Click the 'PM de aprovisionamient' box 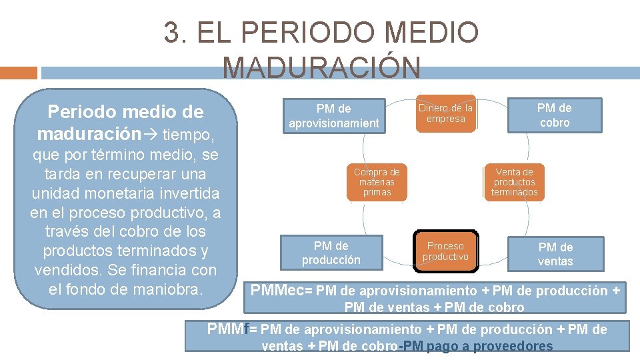click(333, 115)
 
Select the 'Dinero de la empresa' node click(445, 113)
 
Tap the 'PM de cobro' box click(555, 115)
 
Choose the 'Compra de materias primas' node click(377, 182)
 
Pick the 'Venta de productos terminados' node click(514, 182)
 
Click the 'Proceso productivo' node click(445, 252)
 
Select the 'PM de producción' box click(331, 253)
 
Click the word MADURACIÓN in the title click(321, 67)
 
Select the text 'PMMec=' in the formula click(280, 291)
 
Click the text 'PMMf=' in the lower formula click(231, 329)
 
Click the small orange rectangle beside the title click(19, 72)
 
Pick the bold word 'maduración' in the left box click(89, 133)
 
